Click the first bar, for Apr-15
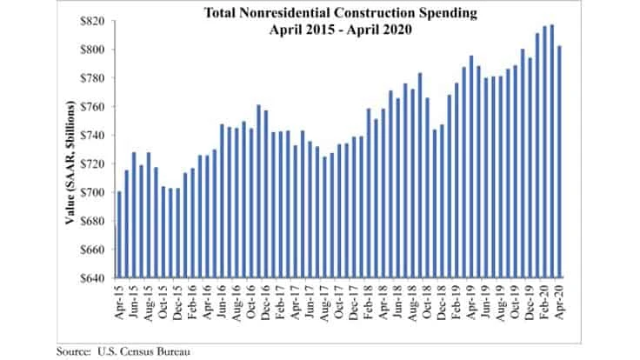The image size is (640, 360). pyautogui.click(x=119, y=236)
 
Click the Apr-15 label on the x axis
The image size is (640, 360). pyautogui.click(x=120, y=299)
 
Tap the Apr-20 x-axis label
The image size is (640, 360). pyautogui.click(x=561, y=299)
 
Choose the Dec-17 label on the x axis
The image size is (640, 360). pyautogui.click(x=355, y=299)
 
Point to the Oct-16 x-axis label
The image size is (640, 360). pyautogui.click(x=252, y=299)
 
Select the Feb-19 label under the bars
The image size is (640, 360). pyautogui.click(x=457, y=299)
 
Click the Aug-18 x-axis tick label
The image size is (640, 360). pyautogui.click(x=414, y=299)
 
